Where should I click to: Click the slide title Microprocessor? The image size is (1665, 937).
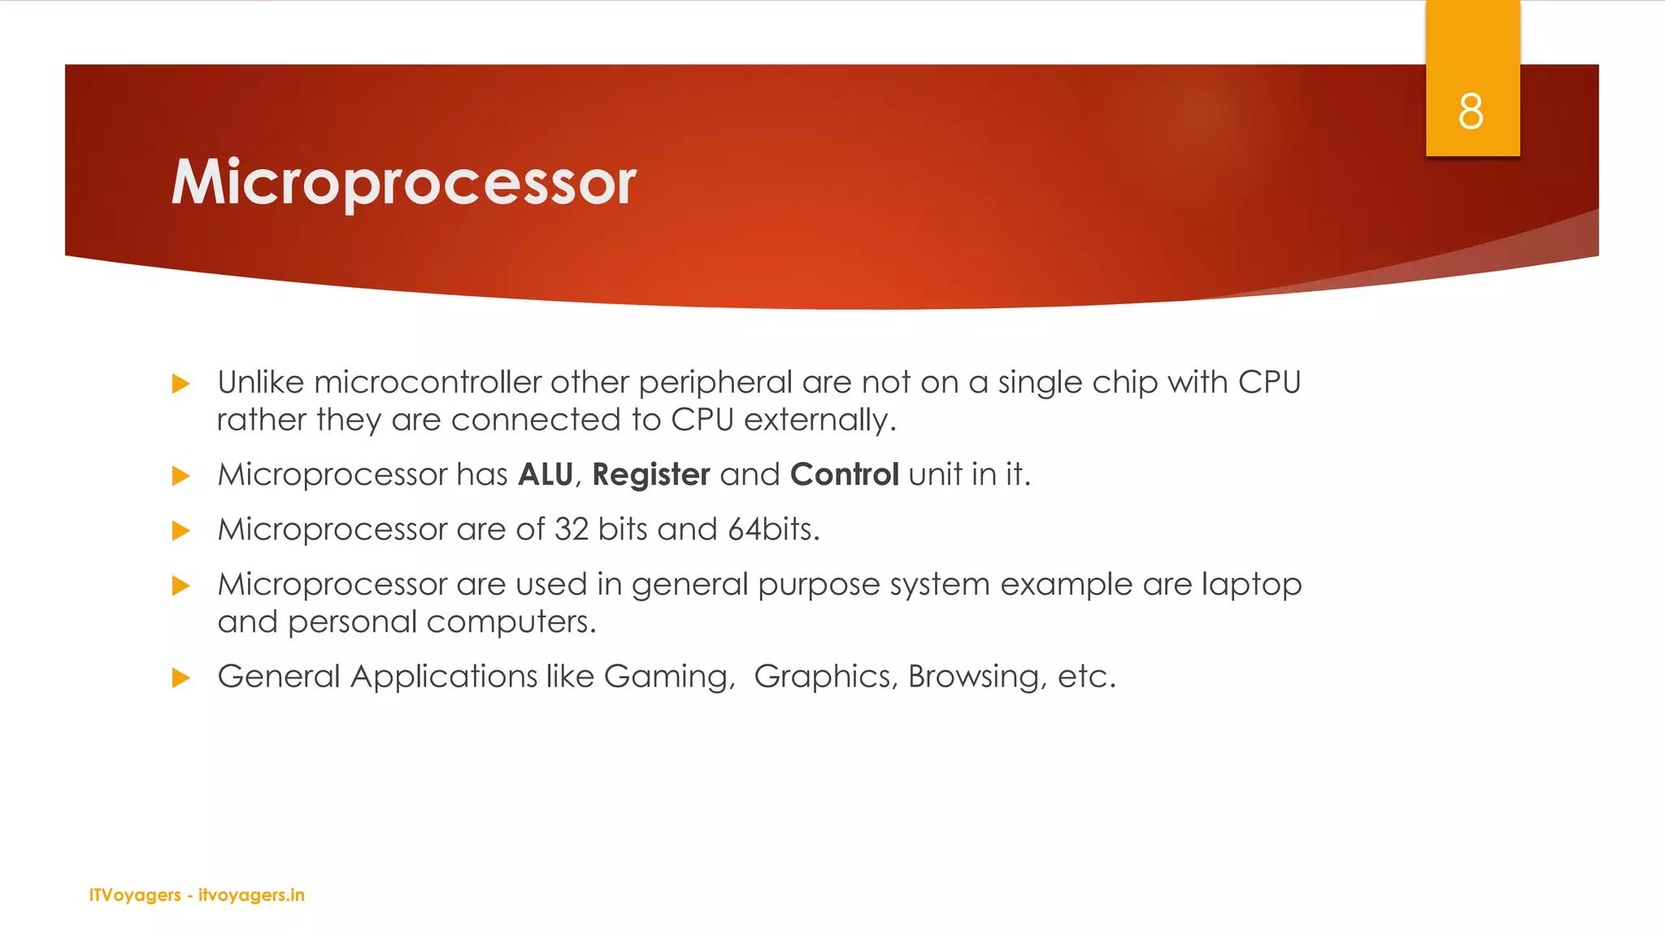[403, 182]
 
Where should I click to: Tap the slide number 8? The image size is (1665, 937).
[1471, 111]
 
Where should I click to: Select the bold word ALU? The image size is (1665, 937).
[546, 474]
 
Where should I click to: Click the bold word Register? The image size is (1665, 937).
[651, 475]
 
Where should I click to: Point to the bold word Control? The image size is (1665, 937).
[845, 474]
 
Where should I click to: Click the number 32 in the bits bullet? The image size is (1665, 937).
[572, 530]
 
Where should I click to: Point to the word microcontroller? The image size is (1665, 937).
[428, 382]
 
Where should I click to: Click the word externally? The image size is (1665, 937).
[819, 421]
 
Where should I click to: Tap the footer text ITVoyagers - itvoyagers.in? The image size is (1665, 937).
[197, 895]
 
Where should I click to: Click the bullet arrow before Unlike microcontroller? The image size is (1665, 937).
[181, 384]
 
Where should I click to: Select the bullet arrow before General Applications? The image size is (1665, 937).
[181, 678]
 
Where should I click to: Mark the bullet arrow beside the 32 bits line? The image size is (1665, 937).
[181, 531]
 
